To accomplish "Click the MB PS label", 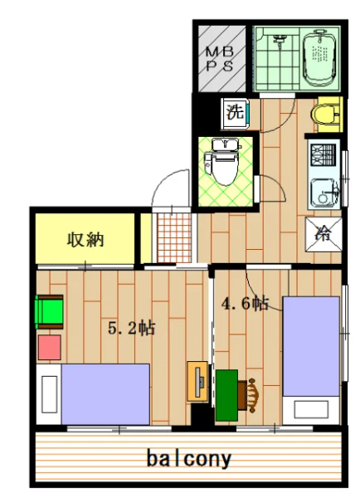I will click(220, 59).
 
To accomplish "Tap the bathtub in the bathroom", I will click(319, 55).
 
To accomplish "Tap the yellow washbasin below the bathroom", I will click(326, 113).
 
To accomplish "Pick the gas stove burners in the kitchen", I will click(323, 154).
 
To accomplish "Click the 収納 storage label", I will click(85, 241).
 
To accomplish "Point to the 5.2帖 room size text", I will click(132, 327).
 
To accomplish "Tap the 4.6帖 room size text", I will click(244, 303).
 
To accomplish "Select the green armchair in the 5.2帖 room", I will click(49, 314).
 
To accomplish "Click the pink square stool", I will click(49, 346).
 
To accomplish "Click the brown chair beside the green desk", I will click(251, 393).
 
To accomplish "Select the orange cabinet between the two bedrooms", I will click(198, 383).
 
